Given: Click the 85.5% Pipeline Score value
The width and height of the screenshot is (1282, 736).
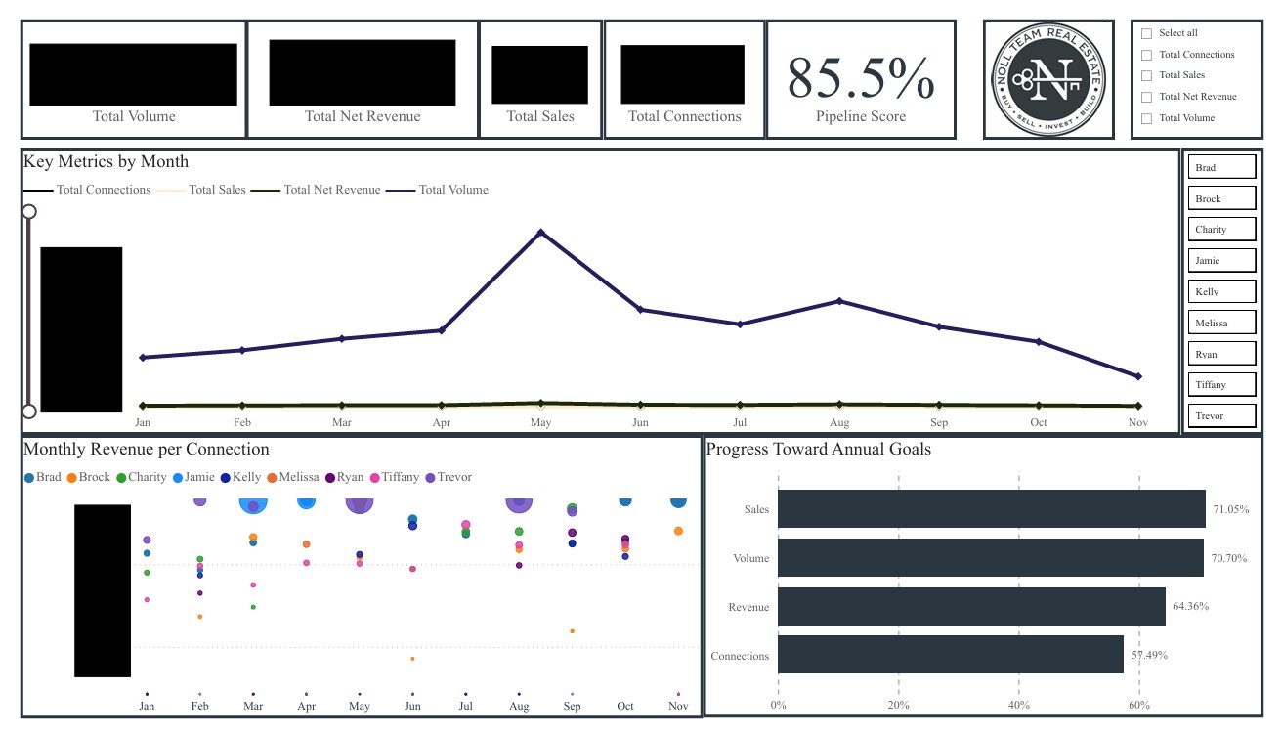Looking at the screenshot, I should click(860, 78).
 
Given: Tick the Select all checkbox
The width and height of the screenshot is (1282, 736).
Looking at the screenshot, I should click(1147, 33).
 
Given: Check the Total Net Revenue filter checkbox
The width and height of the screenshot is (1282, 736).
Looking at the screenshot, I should click(1147, 97).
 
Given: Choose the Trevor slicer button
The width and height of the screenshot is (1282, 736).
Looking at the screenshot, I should click(1221, 416).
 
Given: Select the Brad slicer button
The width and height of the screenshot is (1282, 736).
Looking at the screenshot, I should click(1221, 168).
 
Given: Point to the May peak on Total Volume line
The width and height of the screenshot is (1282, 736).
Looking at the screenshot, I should click(540, 232).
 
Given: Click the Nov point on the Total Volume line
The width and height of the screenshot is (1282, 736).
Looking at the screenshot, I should click(1138, 376).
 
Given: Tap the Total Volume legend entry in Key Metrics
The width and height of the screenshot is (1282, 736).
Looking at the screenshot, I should click(452, 190).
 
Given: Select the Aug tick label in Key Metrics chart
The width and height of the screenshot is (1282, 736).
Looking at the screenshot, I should click(838, 423).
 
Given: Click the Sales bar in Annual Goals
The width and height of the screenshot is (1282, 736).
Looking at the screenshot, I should click(991, 509).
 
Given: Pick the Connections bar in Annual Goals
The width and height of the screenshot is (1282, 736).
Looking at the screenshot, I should click(950, 655).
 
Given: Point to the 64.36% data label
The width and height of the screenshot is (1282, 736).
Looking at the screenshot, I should click(1190, 607).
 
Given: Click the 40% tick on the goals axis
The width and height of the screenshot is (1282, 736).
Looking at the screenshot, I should click(1018, 705).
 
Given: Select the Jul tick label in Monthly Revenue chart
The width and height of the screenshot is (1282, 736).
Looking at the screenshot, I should click(466, 707).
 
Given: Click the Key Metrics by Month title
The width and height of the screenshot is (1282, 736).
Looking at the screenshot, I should click(106, 162).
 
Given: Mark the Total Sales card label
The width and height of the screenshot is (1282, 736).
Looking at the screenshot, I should click(540, 116).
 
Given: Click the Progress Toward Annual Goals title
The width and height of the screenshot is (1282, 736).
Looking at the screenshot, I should click(819, 450).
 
